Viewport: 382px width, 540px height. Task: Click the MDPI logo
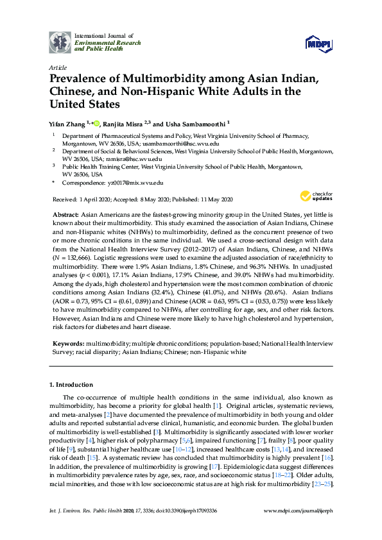click(319, 43)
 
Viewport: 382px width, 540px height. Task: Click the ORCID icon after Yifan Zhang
click(97, 122)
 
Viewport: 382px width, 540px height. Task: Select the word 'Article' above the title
click(56, 67)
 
